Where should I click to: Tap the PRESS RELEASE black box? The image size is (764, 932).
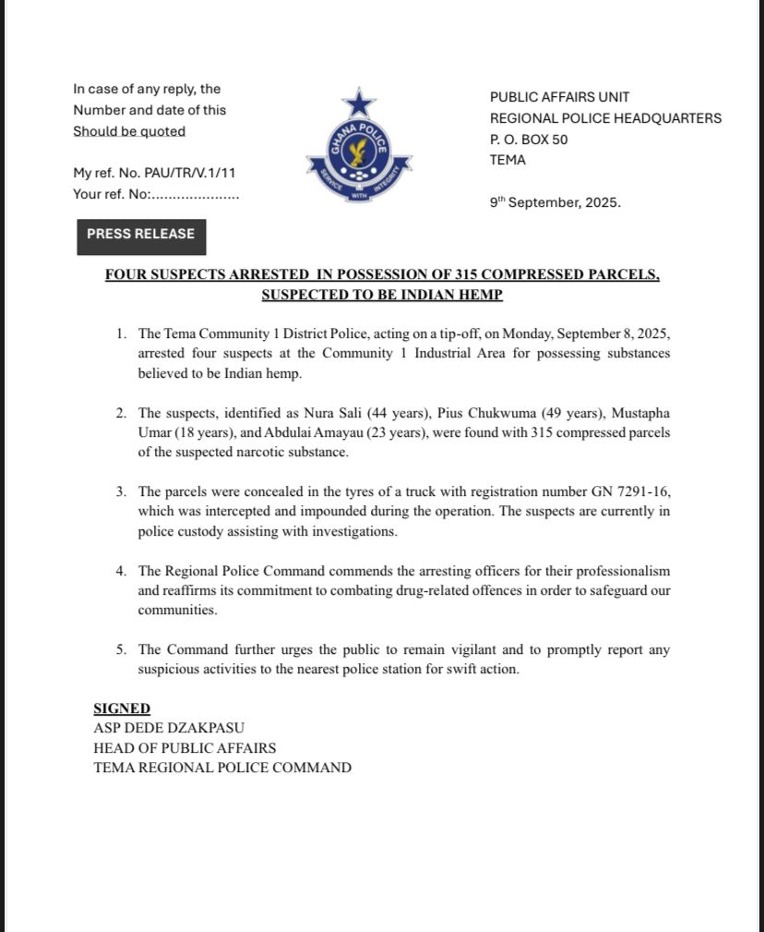pyautogui.click(x=141, y=235)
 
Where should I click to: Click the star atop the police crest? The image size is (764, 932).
pyautogui.click(x=360, y=101)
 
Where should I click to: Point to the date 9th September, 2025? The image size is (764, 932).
pyautogui.click(x=555, y=201)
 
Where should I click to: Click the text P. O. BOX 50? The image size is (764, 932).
pyautogui.click(x=529, y=139)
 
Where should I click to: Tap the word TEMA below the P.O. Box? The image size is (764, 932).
pyautogui.click(x=507, y=160)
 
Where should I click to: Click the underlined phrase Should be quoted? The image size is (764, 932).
pyautogui.click(x=129, y=131)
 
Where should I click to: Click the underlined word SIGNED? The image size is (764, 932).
pyautogui.click(x=122, y=708)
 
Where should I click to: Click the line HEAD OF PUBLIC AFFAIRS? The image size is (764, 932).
pyautogui.click(x=185, y=747)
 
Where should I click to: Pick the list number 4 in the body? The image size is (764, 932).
pyautogui.click(x=122, y=571)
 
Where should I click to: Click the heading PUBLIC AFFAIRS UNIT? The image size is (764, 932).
pyautogui.click(x=559, y=97)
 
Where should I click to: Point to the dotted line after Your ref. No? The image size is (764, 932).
pyautogui.click(x=194, y=195)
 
